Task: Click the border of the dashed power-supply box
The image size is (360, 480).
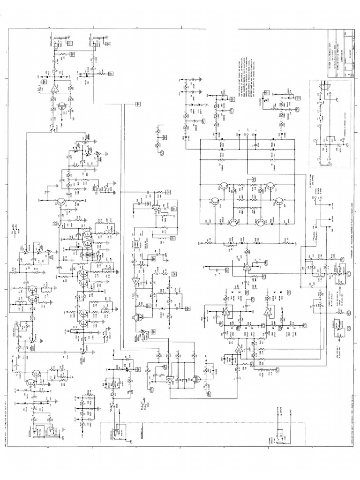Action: coord(309,122)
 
